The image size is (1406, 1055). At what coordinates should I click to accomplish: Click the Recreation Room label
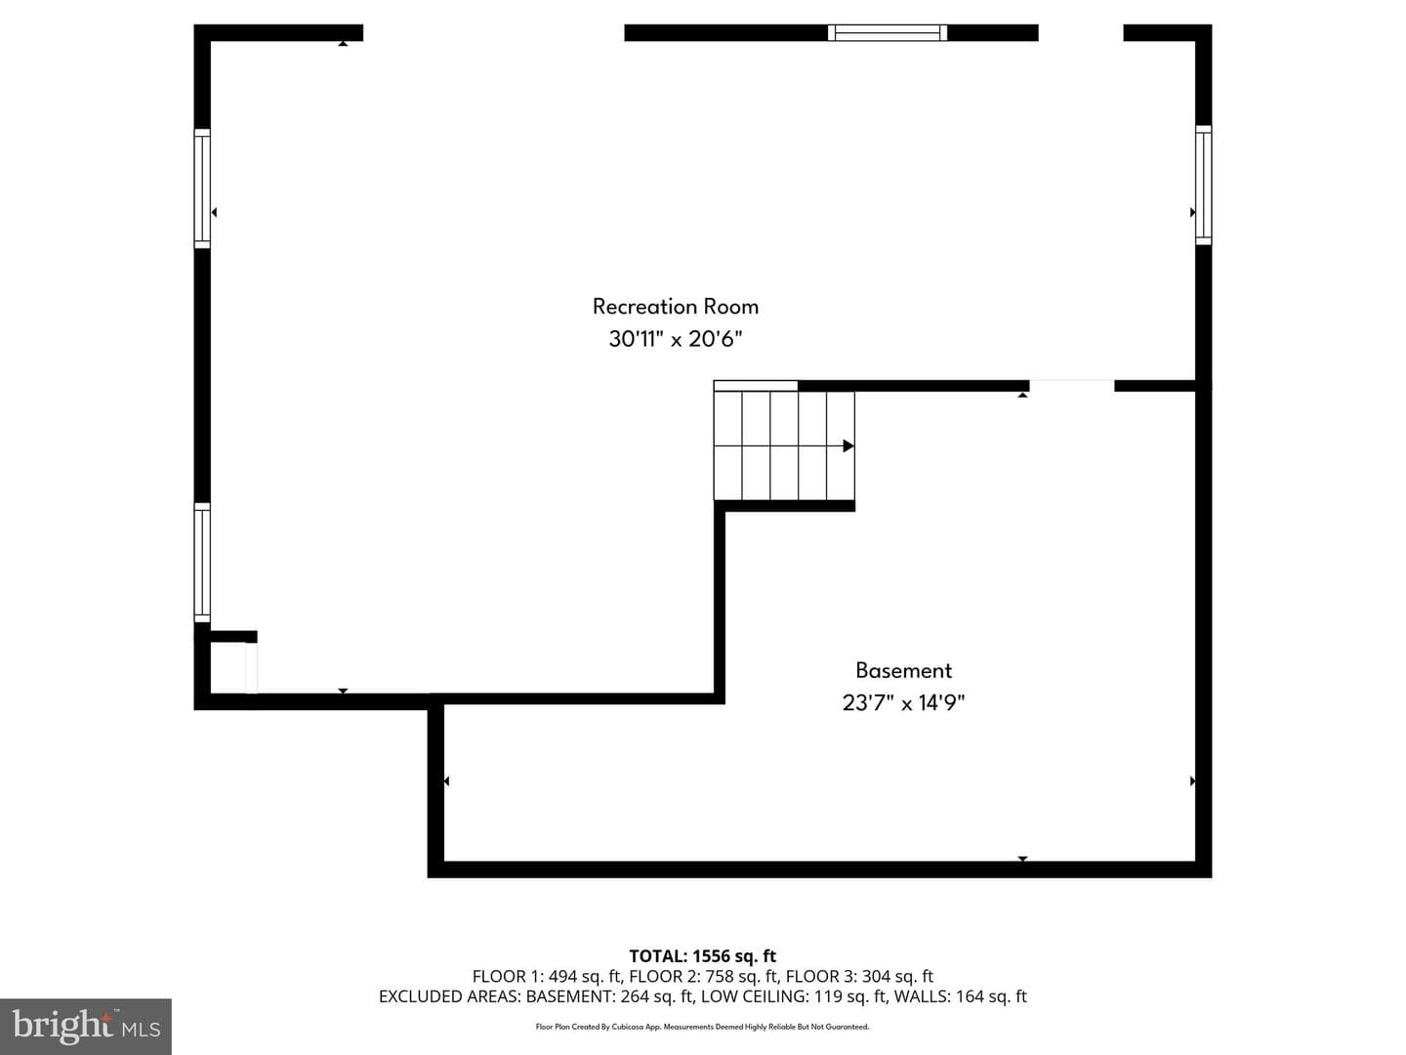point(675,306)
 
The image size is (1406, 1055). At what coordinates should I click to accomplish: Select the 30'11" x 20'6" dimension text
point(675,338)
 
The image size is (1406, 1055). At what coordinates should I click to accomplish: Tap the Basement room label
point(903,670)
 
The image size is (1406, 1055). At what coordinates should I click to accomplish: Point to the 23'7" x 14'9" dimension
point(903,702)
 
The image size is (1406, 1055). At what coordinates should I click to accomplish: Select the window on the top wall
point(888,32)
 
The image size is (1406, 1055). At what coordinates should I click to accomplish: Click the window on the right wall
point(1204,186)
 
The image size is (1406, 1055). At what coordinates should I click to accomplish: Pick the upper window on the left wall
point(202,189)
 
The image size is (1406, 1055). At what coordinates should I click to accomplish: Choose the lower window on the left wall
point(202,563)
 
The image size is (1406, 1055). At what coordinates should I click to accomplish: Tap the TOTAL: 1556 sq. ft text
point(703,955)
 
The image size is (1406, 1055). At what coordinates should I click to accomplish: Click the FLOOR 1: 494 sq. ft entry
point(547,976)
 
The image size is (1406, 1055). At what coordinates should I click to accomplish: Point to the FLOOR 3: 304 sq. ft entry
point(859,976)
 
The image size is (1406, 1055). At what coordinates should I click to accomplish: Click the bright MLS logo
point(85,1026)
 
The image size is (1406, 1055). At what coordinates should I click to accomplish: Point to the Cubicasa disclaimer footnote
point(702,1027)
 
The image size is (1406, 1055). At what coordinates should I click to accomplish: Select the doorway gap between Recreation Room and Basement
point(1072,386)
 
